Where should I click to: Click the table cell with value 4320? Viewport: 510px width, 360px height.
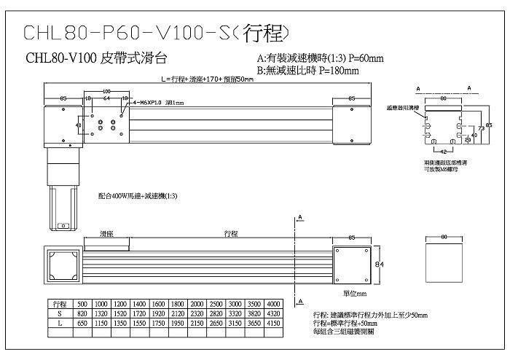(272, 313)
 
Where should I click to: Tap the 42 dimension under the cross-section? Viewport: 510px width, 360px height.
(443, 151)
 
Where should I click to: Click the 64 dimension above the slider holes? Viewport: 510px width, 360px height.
(106, 97)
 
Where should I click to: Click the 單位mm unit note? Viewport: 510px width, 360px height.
(357, 293)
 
